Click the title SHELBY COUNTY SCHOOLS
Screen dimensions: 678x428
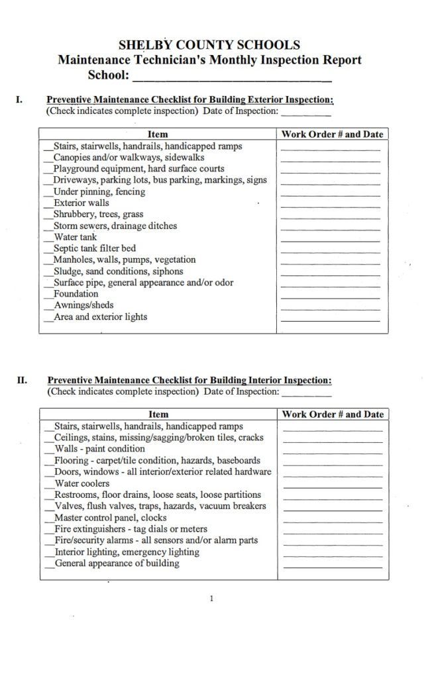tap(209, 45)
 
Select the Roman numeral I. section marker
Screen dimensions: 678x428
tap(20, 100)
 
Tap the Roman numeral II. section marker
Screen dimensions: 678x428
tap(22, 381)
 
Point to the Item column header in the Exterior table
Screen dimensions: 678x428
tap(157, 134)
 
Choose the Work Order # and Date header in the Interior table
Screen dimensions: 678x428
tap(333, 414)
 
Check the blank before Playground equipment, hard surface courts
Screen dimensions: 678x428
tap(48, 169)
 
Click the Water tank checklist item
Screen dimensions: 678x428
tap(75, 237)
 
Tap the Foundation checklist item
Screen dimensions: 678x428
tap(76, 293)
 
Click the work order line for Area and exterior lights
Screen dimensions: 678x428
tap(330, 319)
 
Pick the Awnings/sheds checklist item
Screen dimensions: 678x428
tap(83, 305)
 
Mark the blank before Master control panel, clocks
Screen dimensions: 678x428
tap(48, 518)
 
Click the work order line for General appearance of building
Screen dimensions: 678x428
tap(332, 567)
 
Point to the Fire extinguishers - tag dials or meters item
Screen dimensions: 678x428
tap(131, 529)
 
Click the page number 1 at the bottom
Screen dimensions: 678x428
tap(211, 599)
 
